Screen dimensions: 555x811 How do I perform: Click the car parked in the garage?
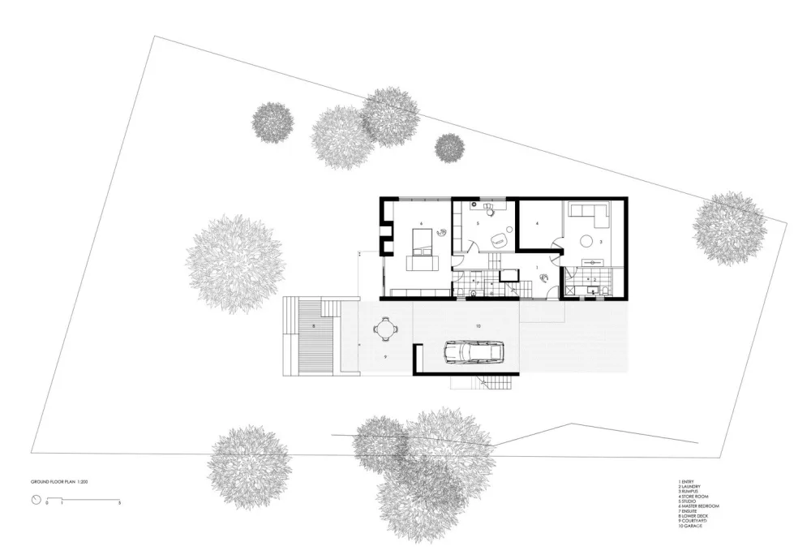click(x=473, y=353)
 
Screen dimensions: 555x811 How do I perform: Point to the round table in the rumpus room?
click(x=587, y=241)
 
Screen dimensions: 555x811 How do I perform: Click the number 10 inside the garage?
click(x=478, y=325)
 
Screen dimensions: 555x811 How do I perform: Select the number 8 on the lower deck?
click(x=313, y=326)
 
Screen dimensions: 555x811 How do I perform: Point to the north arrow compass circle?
click(x=35, y=500)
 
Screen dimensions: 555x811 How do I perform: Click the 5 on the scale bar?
click(x=120, y=504)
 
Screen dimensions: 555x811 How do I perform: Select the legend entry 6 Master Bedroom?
click(x=698, y=506)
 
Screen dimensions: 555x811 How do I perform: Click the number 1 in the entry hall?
click(x=537, y=268)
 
